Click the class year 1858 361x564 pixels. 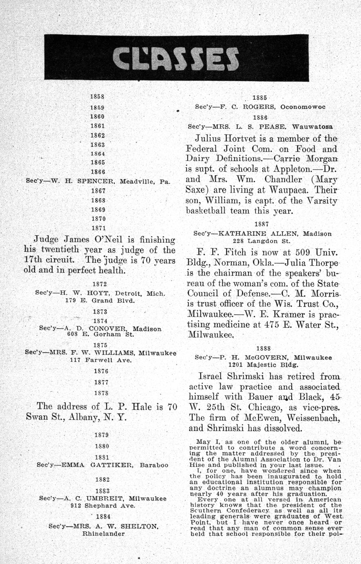[97, 97]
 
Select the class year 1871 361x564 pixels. [98, 228]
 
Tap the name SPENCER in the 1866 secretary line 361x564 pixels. [96, 181]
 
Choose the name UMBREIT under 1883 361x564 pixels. [106, 499]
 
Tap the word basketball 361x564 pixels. [211, 211]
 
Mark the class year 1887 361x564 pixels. [261, 224]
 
